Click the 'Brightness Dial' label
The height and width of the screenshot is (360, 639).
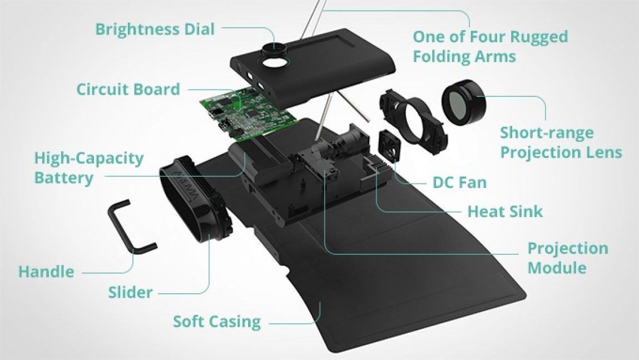click(155, 29)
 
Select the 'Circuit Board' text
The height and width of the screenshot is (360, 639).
click(128, 89)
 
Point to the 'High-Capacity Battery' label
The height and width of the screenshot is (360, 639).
click(88, 168)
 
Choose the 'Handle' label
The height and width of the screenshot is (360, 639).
click(46, 272)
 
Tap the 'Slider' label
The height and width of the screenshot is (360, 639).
click(131, 292)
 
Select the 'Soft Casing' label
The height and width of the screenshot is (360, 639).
click(216, 322)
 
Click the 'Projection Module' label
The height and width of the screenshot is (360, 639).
click(567, 258)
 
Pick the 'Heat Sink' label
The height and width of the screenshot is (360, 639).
click(504, 211)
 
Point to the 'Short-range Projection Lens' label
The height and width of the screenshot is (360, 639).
click(561, 142)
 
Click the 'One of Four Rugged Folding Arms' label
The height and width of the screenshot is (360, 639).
click(489, 47)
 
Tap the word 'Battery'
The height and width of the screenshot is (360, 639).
click(63, 178)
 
